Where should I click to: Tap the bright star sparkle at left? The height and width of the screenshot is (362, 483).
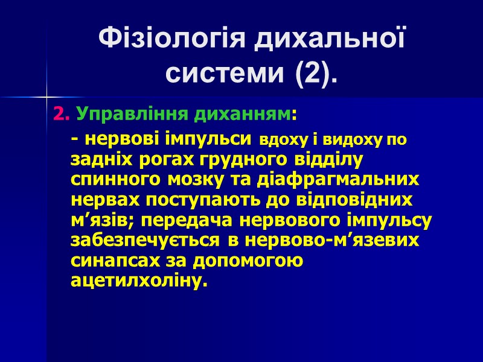coord(46,95)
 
